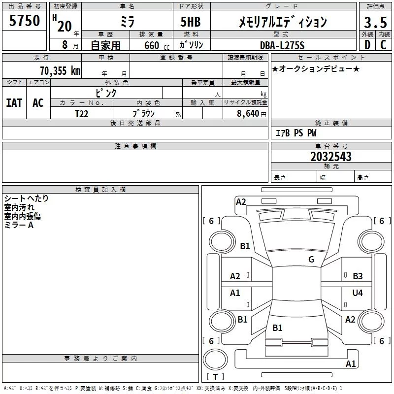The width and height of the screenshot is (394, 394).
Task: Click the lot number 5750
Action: tap(24, 21)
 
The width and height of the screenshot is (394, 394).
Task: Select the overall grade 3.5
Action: tap(375, 22)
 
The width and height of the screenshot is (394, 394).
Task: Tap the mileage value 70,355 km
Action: tap(60, 71)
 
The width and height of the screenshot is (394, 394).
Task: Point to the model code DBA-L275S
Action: tap(282, 45)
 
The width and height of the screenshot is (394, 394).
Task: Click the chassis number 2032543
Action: tap(331, 157)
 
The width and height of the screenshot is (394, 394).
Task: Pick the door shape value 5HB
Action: tap(191, 22)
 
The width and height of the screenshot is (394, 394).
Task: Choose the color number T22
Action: tap(82, 114)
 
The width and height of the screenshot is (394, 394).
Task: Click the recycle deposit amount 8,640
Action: tap(248, 114)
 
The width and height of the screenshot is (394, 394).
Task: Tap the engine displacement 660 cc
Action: tap(157, 45)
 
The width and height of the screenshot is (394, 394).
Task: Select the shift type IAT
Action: tap(14, 103)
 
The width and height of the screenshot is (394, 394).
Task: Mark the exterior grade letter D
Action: tap(367, 45)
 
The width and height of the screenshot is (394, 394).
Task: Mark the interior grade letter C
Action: tap(384, 45)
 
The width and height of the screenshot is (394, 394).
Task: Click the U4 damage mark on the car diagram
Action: tap(358, 293)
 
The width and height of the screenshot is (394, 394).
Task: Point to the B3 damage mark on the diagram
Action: tap(358, 276)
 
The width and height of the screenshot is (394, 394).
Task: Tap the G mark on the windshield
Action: tap(311, 259)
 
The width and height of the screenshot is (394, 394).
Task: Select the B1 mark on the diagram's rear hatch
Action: tap(277, 328)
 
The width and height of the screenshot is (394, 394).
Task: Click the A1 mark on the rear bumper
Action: tap(351, 363)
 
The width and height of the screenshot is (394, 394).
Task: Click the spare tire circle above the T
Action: tap(215, 360)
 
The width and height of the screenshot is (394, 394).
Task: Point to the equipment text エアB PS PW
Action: tap(296, 133)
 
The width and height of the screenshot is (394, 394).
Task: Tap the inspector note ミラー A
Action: tap(19, 225)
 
